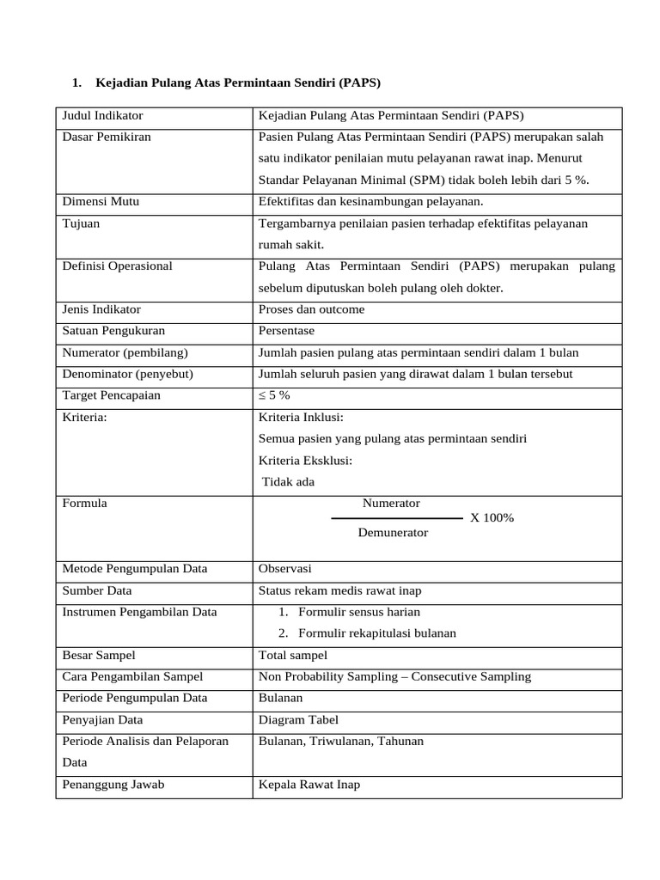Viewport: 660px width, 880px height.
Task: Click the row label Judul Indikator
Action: click(x=102, y=116)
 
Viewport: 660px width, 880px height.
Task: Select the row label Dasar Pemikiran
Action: click(x=107, y=137)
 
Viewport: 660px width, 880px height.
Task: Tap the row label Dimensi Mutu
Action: click(x=101, y=202)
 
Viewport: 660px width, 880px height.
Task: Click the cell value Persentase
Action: click(x=286, y=331)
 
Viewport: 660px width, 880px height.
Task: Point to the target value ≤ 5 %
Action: click(x=274, y=396)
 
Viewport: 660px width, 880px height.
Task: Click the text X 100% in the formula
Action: click(x=492, y=518)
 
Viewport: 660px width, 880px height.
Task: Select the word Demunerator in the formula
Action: click(x=393, y=533)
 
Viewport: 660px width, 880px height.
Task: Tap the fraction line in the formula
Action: click(x=396, y=519)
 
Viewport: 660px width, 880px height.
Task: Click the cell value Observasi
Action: click(x=284, y=569)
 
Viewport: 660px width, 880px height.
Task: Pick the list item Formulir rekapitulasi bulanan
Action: click(x=376, y=633)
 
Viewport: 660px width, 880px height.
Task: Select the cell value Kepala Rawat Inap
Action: click(x=309, y=785)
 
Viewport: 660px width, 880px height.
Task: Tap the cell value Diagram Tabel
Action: click(x=298, y=720)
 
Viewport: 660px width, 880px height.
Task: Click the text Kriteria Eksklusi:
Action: click(x=305, y=461)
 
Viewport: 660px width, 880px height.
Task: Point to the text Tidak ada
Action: click(x=289, y=482)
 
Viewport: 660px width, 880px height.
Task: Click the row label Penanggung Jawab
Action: click(x=113, y=785)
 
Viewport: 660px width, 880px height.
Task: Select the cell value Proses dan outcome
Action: click(x=311, y=309)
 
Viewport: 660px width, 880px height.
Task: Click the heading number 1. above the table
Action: click(x=77, y=83)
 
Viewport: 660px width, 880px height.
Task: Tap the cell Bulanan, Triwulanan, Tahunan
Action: click(x=340, y=742)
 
